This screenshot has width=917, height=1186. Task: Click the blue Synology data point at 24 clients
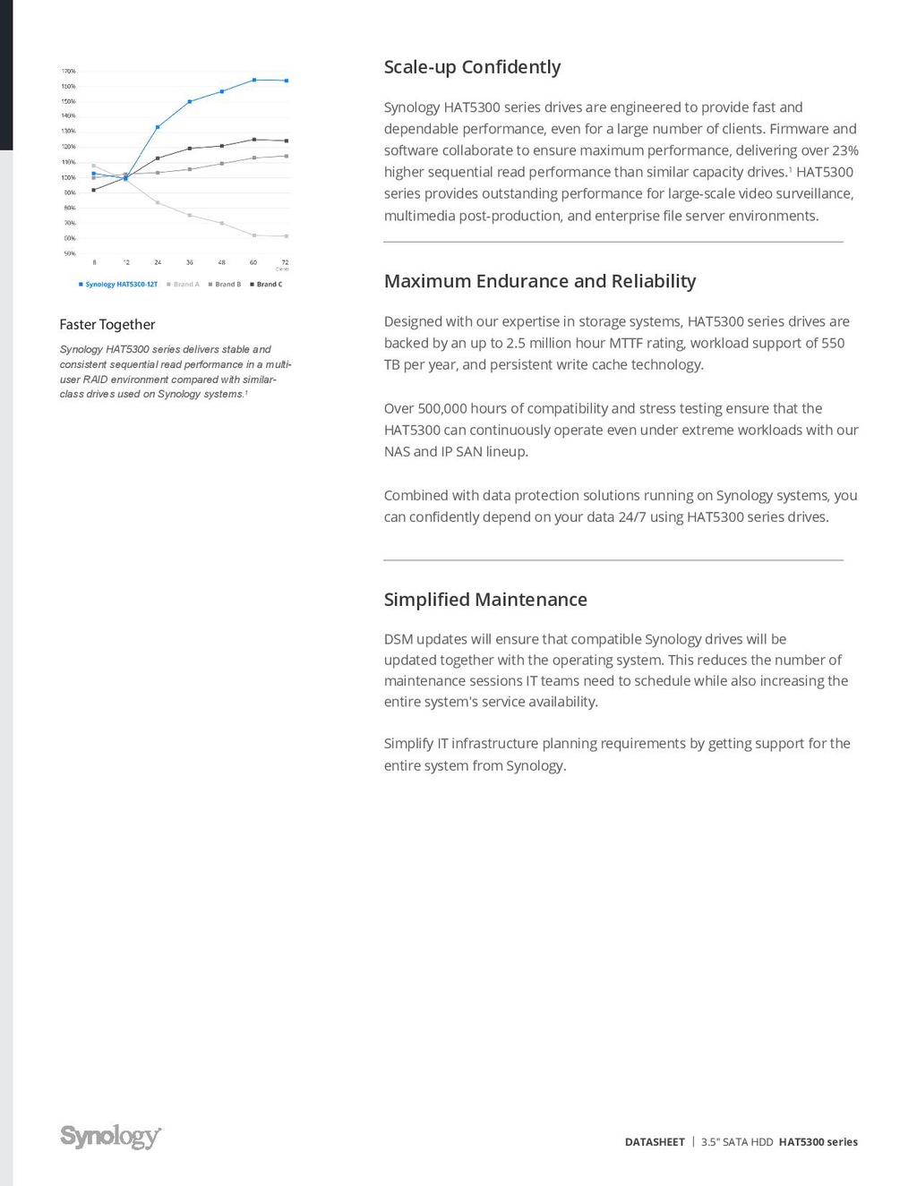click(x=158, y=127)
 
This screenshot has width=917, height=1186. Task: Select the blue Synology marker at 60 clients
click(x=254, y=80)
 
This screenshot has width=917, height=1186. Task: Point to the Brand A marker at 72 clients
click(x=287, y=236)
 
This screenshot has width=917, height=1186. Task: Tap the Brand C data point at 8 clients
click(x=94, y=190)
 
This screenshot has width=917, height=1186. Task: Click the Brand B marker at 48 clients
click(x=222, y=163)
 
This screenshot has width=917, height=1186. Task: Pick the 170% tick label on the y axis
click(x=68, y=71)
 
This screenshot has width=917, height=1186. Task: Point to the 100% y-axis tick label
click(x=68, y=177)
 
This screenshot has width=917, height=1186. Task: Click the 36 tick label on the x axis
click(x=190, y=262)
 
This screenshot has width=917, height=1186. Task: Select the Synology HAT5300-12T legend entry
click(x=118, y=285)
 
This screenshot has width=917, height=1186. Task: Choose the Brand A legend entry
click(x=184, y=285)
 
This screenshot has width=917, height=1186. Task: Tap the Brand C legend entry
click(x=266, y=285)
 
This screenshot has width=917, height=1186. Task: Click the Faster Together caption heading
click(x=107, y=324)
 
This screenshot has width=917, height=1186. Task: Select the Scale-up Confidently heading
click(x=472, y=67)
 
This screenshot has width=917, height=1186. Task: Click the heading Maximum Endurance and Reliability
click(x=539, y=281)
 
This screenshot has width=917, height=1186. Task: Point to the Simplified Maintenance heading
click(x=485, y=600)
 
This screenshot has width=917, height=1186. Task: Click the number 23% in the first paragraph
click(x=844, y=150)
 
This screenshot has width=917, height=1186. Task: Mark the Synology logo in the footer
click(x=110, y=1136)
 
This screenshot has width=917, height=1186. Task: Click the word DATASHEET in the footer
click(x=655, y=1142)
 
